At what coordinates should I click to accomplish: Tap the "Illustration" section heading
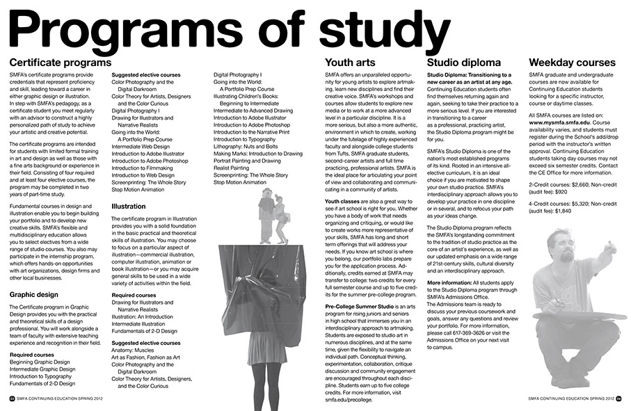129,207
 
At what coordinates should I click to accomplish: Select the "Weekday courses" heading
572,63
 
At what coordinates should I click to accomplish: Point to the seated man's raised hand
611,248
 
